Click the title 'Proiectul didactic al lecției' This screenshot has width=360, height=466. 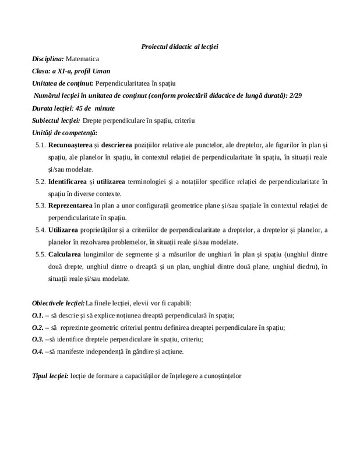179,46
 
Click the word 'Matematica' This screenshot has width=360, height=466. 83,59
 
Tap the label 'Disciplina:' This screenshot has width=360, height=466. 48,59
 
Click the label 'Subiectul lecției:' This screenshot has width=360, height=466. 56,121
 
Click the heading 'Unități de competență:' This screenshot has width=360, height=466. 64,133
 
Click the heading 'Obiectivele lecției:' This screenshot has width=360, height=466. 58,303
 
